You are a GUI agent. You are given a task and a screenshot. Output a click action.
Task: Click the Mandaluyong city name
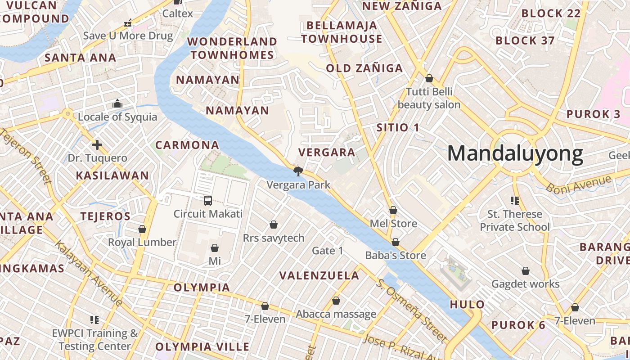click(x=515, y=154)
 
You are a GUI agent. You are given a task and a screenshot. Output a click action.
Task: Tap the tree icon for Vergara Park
click(x=297, y=171)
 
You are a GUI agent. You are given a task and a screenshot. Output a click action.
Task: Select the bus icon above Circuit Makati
click(x=208, y=200)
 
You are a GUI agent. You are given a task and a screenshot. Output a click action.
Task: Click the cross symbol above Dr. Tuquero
click(x=97, y=145)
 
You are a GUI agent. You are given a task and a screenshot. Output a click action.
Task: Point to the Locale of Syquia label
click(x=117, y=117)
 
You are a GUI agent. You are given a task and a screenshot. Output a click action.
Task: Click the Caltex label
click(x=177, y=13)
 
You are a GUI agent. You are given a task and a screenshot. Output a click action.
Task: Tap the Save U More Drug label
click(x=128, y=36)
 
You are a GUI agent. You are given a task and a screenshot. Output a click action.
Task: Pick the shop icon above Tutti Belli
click(x=429, y=78)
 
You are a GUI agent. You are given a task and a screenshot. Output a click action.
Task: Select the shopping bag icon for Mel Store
click(x=393, y=210)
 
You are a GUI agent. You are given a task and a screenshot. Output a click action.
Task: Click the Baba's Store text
click(x=395, y=256)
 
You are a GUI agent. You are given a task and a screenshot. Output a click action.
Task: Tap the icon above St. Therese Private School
click(x=514, y=200)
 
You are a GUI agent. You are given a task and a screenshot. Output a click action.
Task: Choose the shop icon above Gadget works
click(x=525, y=271)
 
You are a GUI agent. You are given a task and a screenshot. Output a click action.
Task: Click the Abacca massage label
click(x=336, y=314)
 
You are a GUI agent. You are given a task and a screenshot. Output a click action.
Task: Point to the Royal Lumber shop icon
click(x=142, y=229)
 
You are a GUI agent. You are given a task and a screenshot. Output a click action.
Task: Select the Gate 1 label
click(x=328, y=251)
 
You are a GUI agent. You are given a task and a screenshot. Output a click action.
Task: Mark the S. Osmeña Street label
click(x=411, y=310)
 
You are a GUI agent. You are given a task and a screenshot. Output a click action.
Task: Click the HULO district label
click(x=467, y=305)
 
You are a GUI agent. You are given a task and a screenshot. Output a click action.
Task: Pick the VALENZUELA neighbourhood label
click(x=319, y=275)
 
